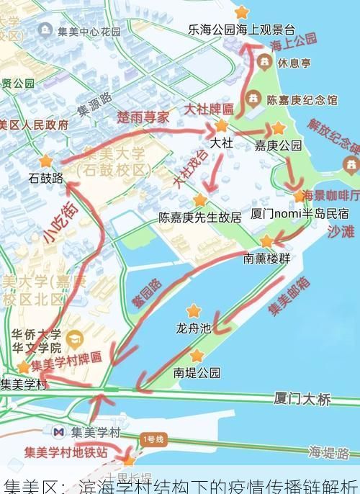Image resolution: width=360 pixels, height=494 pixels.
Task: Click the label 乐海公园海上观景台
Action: (x=242, y=30)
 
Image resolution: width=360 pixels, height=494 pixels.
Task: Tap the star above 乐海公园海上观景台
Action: (x=242, y=12)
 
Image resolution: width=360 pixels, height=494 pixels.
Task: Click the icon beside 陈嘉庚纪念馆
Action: (x=253, y=99)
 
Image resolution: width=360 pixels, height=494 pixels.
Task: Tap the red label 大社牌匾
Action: (x=209, y=109)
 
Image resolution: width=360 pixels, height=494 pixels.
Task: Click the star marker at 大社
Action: (x=221, y=126)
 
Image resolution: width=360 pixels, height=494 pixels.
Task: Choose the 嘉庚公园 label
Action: (x=278, y=145)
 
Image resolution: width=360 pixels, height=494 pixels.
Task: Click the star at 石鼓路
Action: (x=46, y=161)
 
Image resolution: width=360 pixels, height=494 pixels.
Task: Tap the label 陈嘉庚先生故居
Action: (x=200, y=217)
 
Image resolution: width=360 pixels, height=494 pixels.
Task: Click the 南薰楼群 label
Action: (x=266, y=258)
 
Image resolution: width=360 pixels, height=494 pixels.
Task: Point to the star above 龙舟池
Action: (x=193, y=311)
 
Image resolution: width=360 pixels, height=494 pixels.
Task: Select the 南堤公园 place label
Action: (x=197, y=372)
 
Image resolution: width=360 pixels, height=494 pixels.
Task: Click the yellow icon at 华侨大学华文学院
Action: (x=73, y=338)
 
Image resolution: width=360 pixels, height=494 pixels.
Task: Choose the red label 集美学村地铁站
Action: (x=66, y=453)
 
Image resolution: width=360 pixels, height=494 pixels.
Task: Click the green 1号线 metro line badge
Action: (x=153, y=439)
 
